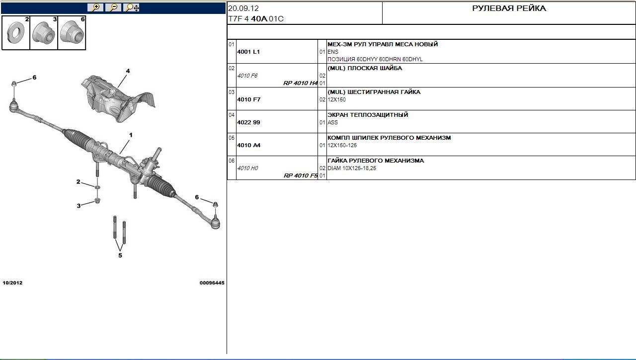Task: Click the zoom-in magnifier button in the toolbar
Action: [95, 7]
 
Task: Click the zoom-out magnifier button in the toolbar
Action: [113, 7]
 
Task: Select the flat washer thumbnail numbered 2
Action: [16, 33]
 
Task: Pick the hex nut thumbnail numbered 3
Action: [44, 33]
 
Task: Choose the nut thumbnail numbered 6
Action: [72, 33]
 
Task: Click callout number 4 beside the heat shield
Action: [128, 71]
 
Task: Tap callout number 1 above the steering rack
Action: [131, 135]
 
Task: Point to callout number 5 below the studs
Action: [120, 256]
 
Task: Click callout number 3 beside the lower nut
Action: [79, 206]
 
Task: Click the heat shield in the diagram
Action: [116, 98]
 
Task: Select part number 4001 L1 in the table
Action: [248, 52]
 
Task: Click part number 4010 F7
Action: [249, 99]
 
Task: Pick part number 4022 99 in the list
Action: [248, 122]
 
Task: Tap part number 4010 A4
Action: [249, 145]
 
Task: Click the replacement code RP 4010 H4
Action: [301, 83]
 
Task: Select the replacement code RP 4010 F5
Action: [301, 176]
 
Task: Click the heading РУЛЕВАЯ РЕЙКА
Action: [509, 8]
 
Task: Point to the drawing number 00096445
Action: [212, 283]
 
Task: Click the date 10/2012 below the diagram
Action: [12, 283]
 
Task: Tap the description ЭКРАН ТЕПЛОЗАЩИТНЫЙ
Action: [368, 115]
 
